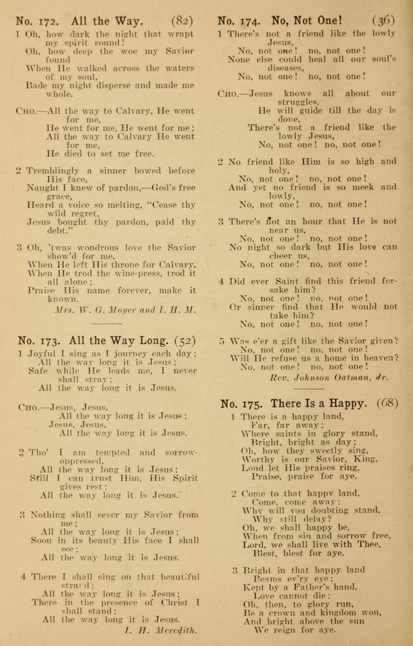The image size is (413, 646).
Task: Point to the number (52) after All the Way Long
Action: (183, 341)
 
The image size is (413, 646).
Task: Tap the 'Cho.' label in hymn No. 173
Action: (28, 408)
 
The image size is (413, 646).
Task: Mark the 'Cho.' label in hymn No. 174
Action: (228, 93)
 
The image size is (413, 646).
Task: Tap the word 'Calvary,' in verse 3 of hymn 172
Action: (175, 264)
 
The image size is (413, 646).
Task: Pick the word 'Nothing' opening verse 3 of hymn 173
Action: (46, 514)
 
